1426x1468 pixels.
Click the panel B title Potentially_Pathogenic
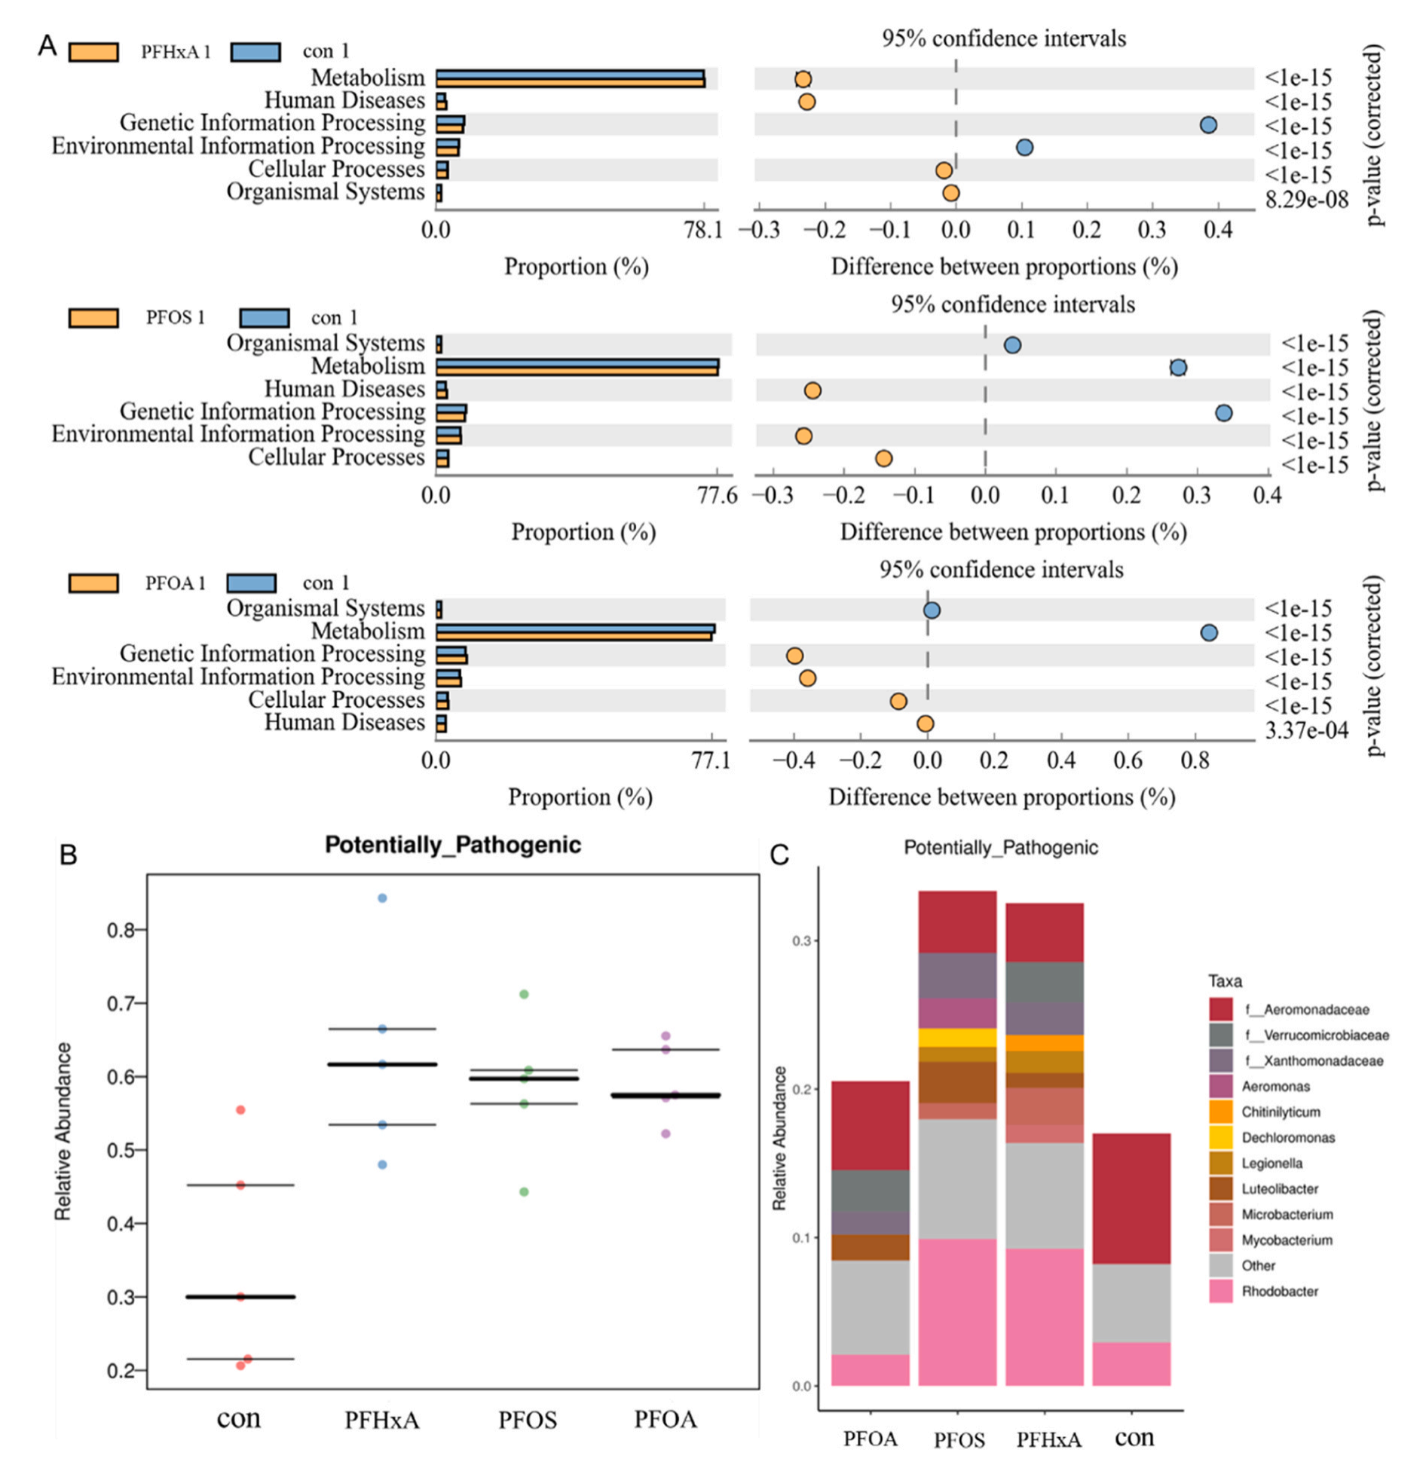tap(452, 845)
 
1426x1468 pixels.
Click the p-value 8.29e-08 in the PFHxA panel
tap(1306, 200)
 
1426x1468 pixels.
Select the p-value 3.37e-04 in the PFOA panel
tap(1306, 730)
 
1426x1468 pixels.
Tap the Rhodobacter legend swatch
tap(1220, 1291)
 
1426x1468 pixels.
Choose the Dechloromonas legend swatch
tap(1220, 1137)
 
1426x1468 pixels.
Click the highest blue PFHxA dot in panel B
tap(382, 898)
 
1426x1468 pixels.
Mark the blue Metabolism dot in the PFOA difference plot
tap(1209, 633)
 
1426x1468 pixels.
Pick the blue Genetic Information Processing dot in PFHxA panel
tap(1208, 124)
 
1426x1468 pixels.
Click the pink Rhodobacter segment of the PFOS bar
tap(957, 1312)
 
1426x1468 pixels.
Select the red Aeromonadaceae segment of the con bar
tap(1131, 1198)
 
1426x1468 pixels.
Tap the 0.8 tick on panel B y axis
tap(121, 930)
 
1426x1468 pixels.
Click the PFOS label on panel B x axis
tap(528, 1420)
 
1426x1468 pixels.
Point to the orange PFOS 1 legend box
tap(93, 318)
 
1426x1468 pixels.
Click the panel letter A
tap(47, 45)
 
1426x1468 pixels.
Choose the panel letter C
tap(779, 855)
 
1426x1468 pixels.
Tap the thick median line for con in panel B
tap(240, 1297)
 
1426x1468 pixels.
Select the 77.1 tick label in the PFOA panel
tap(711, 760)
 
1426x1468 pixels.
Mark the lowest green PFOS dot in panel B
tap(524, 1191)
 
